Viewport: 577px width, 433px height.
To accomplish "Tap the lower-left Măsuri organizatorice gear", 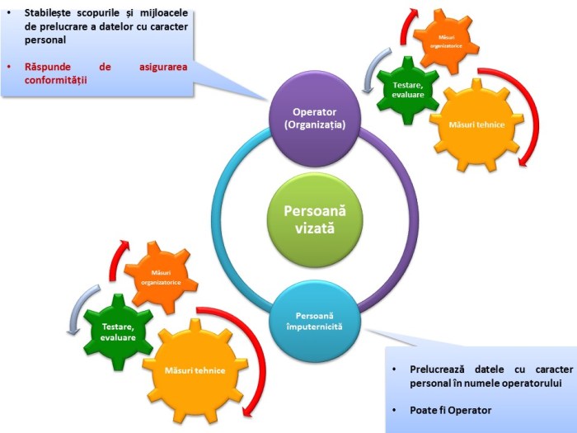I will click(160, 278).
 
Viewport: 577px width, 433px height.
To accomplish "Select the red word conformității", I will click(59, 81).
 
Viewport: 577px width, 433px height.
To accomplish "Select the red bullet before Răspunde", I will click(8, 67).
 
